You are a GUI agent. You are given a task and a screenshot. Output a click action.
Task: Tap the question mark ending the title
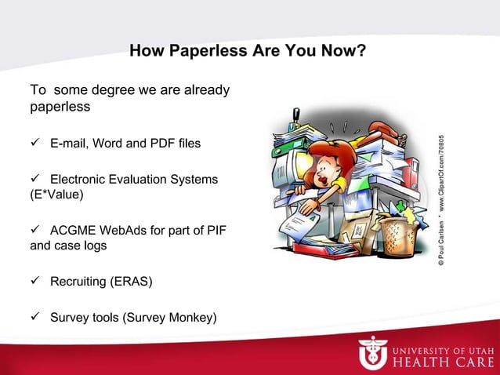[363, 53]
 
